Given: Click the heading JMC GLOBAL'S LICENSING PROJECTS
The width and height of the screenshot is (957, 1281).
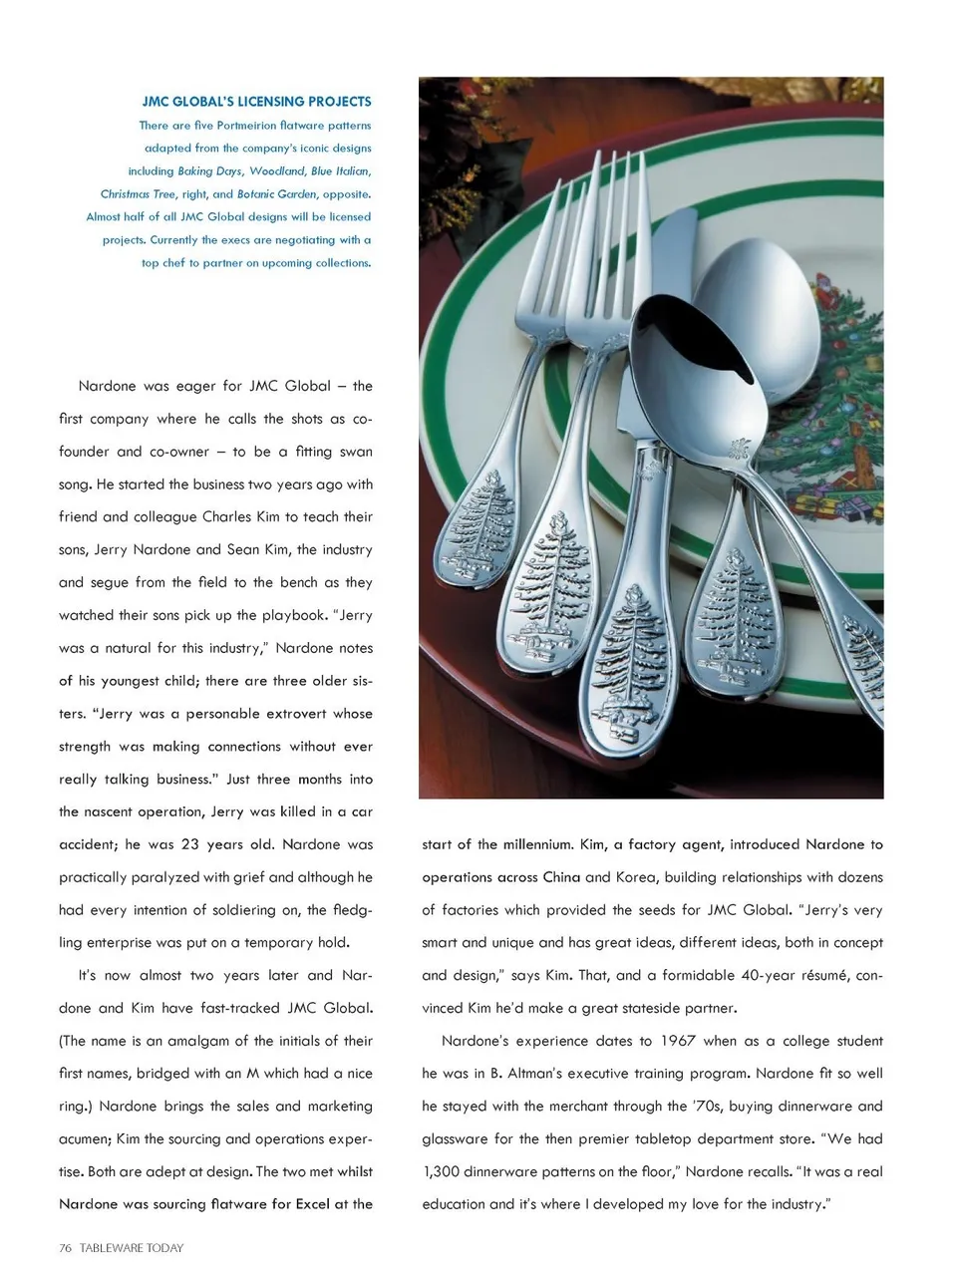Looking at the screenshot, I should [x=256, y=102].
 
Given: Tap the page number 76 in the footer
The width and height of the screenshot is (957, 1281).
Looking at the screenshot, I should [x=66, y=1247].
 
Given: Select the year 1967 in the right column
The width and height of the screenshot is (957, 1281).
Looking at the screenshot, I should [x=677, y=1041].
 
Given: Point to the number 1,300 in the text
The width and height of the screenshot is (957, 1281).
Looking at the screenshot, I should [x=443, y=1171].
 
